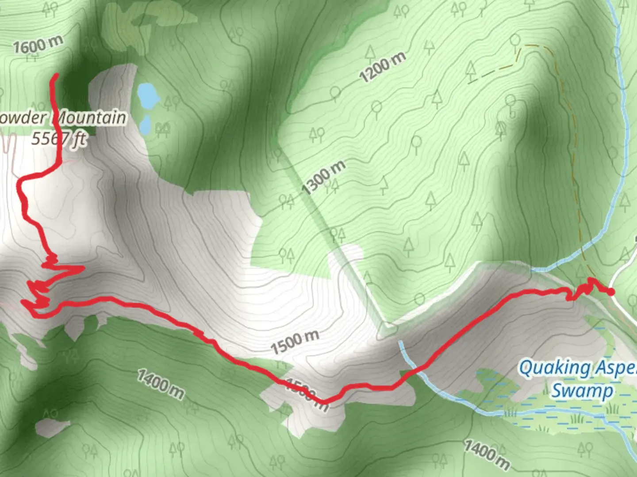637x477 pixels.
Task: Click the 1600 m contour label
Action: (38, 45)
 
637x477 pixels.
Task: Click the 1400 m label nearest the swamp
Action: (487, 454)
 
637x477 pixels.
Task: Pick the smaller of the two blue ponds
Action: (145, 125)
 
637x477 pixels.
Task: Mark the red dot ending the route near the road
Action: (610, 291)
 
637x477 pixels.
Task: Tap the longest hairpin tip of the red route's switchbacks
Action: (83, 268)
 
